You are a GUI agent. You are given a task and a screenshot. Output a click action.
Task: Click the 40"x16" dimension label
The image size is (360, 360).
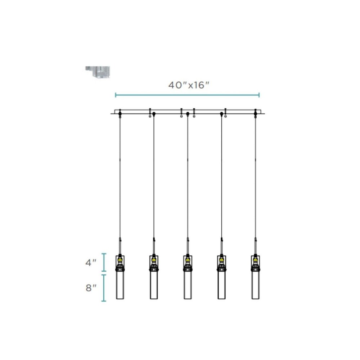[x=189, y=85]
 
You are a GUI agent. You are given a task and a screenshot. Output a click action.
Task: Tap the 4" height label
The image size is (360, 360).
[x=91, y=263]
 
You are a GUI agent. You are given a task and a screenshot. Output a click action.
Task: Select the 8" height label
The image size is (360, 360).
[x=91, y=288]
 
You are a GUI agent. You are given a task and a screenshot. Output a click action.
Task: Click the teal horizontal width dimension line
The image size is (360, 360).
[x=187, y=95]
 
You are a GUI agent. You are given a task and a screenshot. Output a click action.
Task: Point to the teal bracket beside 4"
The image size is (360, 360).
[x=104, y=262]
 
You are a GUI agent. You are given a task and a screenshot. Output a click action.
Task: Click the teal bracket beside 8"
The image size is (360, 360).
[x=104, y=288]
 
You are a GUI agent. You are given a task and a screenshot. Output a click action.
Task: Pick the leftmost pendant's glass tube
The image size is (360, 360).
[x=120, y=285]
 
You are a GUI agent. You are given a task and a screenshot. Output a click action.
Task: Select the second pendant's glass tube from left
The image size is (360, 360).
[x=154, y=285]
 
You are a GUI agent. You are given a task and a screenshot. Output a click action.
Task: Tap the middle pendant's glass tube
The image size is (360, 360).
[x=188, y=285]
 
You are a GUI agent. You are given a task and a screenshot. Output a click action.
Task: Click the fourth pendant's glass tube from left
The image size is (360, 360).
[x=221, y=285]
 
